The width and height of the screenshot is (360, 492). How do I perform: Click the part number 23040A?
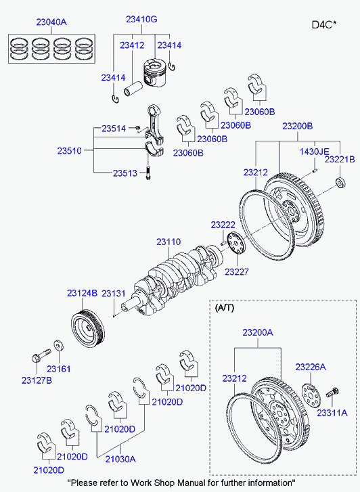51,22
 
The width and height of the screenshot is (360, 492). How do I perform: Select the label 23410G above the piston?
141,19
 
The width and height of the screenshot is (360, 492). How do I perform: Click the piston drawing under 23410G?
155,74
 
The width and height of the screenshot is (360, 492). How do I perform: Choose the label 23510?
70,151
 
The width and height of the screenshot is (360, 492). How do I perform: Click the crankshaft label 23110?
168,242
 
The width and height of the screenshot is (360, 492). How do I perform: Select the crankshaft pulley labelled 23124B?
88,328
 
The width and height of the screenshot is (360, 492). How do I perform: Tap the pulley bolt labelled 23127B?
41,355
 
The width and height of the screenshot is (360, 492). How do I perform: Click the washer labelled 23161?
58,345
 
